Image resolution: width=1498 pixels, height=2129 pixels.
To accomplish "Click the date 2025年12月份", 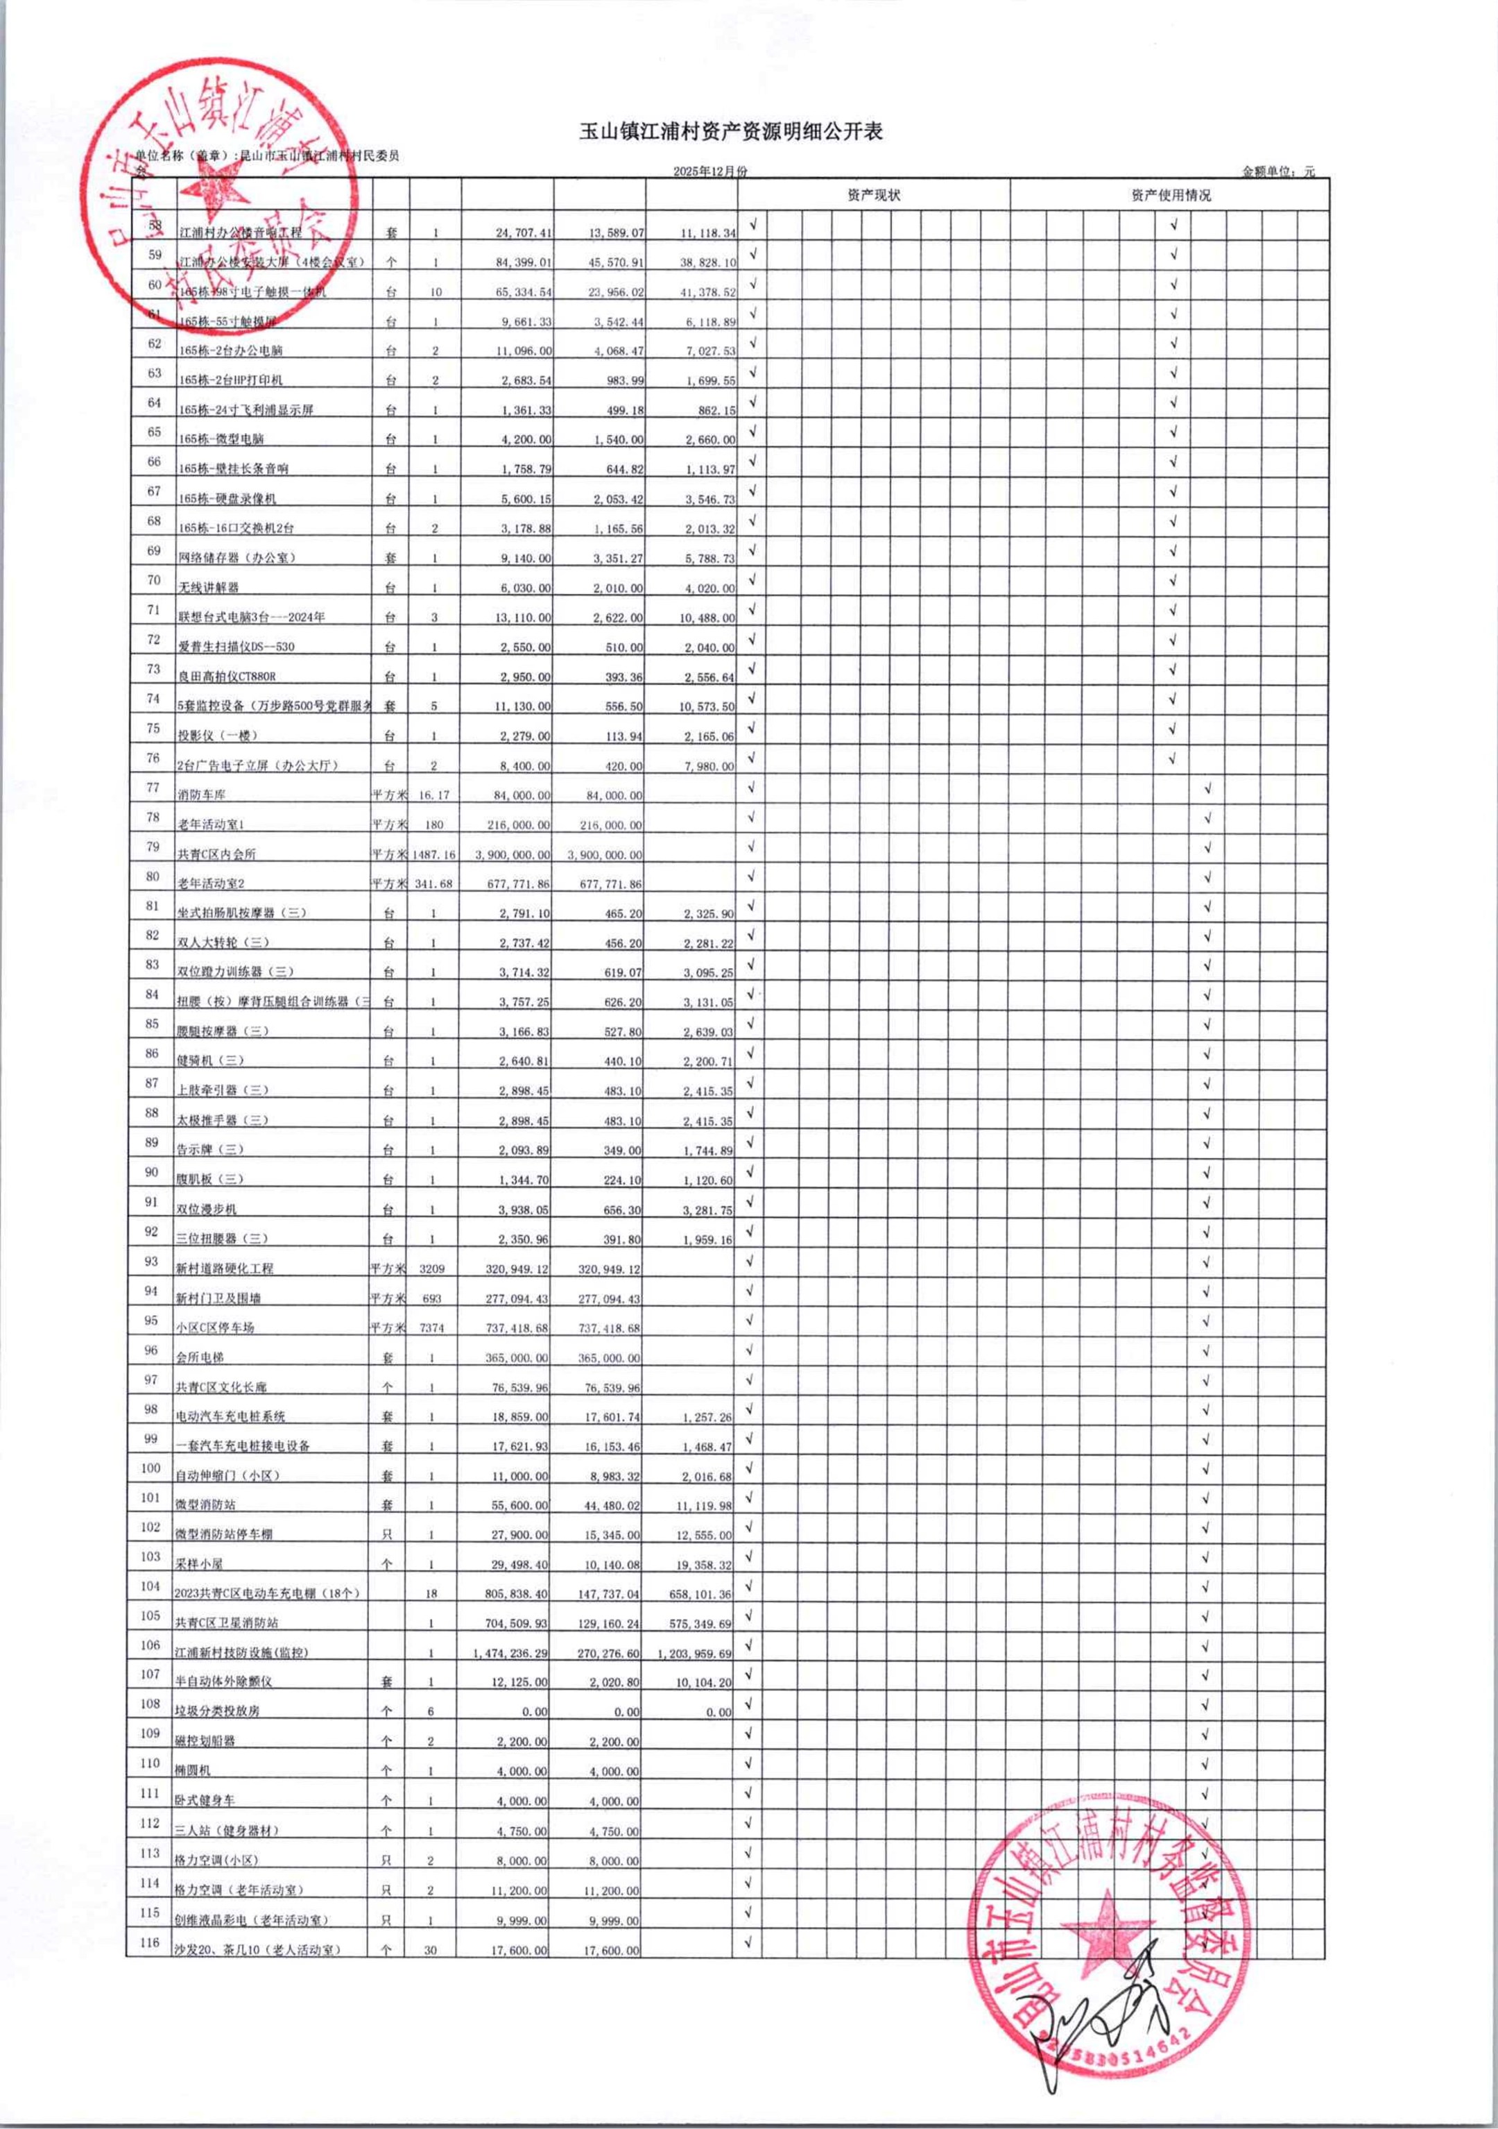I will pyautogui.click(x=709, y=171).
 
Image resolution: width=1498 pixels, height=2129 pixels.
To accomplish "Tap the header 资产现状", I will pyautogui.click(x=873, y=195).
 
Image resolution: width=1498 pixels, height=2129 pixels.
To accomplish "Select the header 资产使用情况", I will pyautogui.click(x=1170, y=195).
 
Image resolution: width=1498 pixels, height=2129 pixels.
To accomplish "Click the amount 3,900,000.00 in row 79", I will pyautogui.click(x=512, y=855).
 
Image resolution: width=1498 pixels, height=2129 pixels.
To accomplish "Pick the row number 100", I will pyautogui.click(x=150, y=1468).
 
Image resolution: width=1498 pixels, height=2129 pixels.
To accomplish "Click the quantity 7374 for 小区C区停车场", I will pyautogui.click(x=432, y=1328).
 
